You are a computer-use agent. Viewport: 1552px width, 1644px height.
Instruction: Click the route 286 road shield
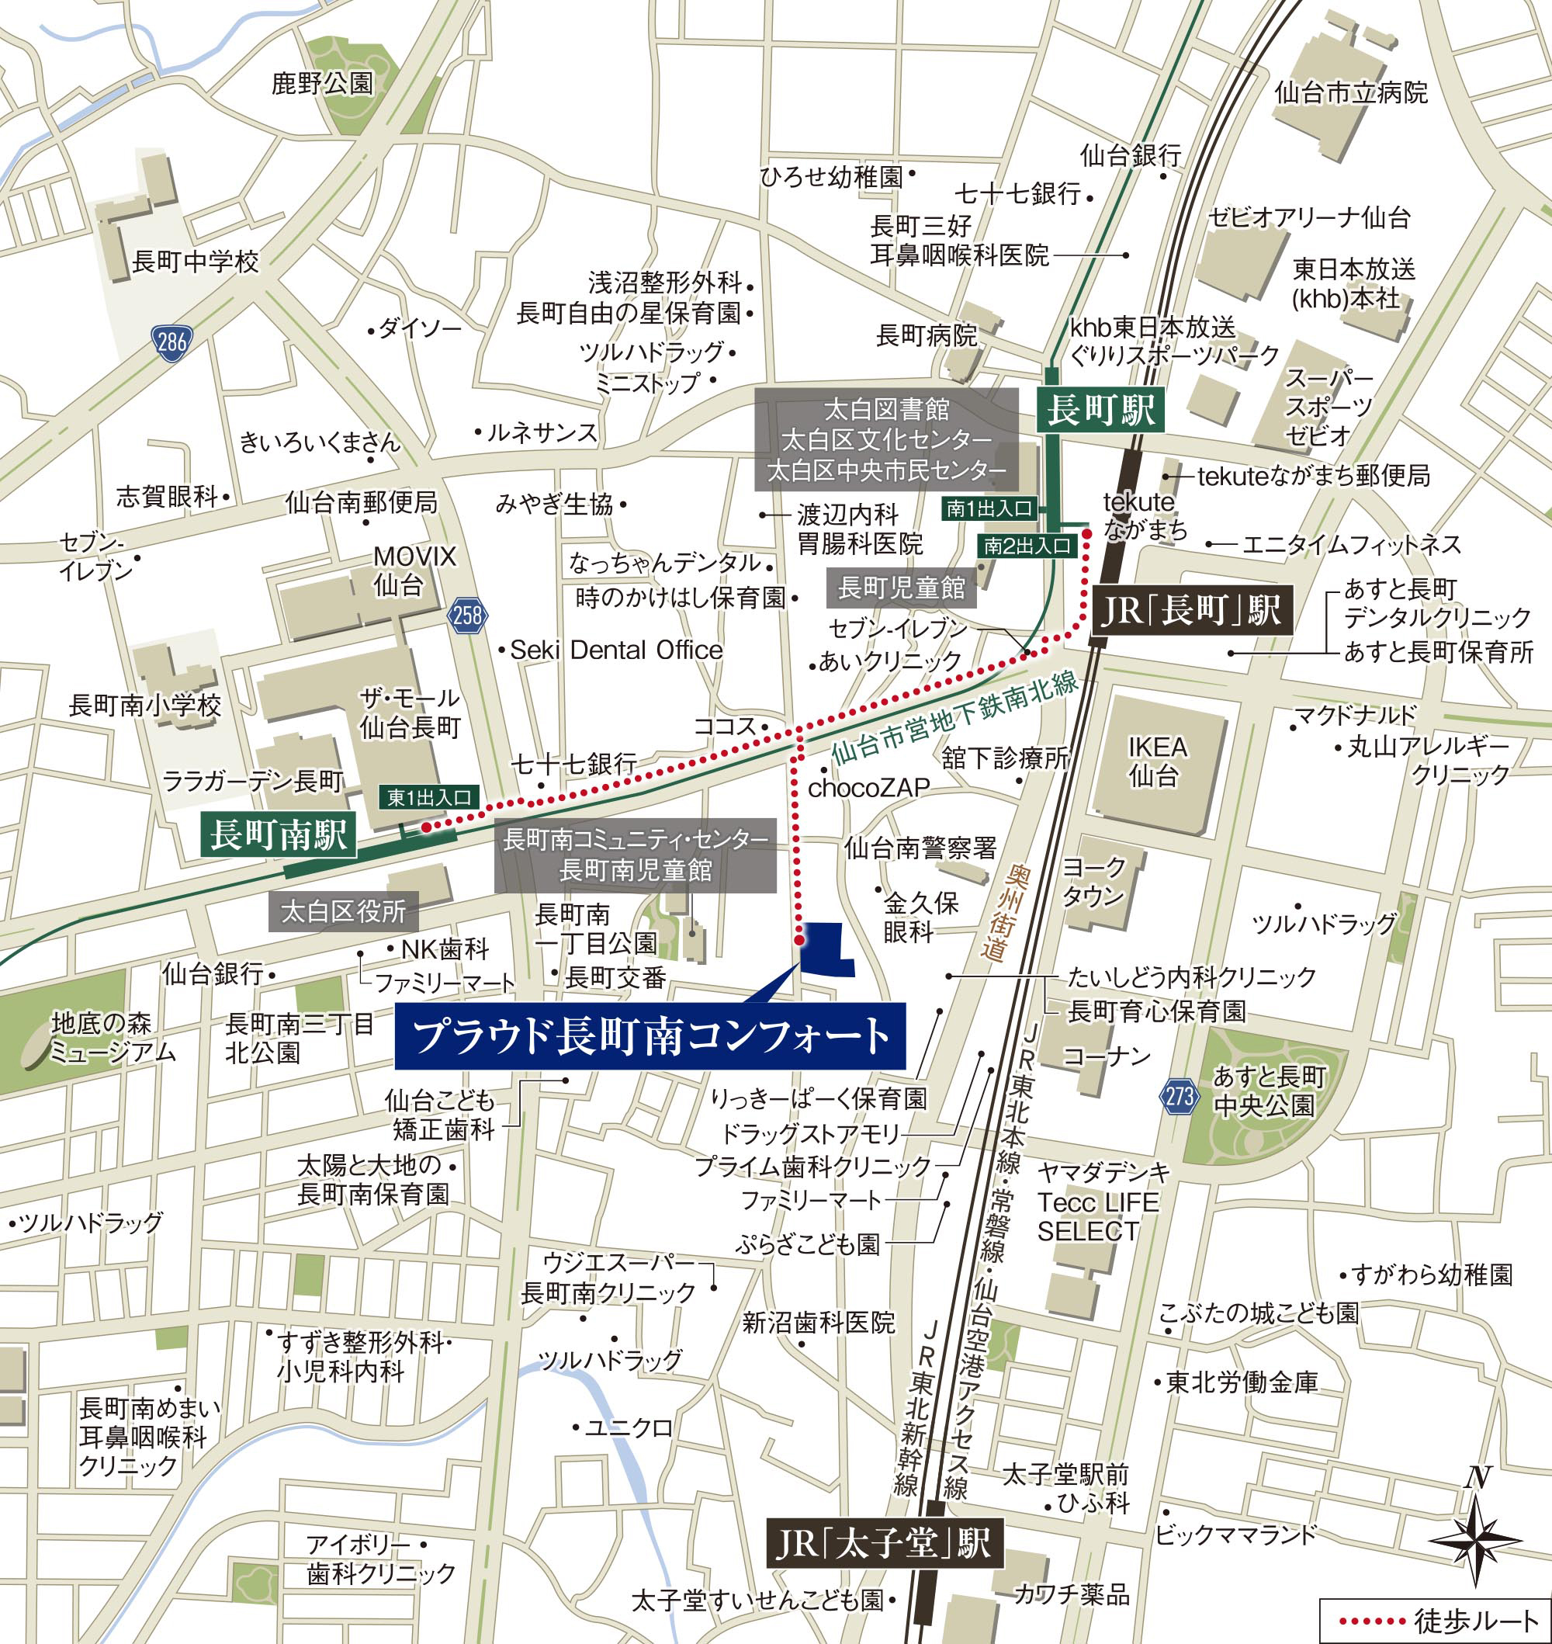[x=171, y=342]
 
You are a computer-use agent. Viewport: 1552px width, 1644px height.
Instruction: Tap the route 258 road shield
[x=467, y=616]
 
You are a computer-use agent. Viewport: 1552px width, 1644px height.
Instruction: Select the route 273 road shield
[x=1179, y=1097]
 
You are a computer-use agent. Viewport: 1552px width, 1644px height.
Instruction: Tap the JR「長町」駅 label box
[x=1191, y=611]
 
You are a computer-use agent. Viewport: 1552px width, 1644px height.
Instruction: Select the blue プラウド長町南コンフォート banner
[x=650, y=1036]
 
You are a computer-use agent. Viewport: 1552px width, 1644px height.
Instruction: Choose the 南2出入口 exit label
[x=1027, y=546]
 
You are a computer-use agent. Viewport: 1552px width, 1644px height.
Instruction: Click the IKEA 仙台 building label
[x=1156, y=761]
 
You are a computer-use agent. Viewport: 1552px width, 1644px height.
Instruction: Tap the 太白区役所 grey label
[x=343, y=912]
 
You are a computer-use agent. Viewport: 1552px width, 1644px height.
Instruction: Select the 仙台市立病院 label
[x=1350, y=92]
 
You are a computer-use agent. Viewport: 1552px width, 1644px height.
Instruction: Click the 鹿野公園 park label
[x=323, y=83]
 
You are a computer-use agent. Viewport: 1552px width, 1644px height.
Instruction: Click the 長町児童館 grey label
[x=901, y=588]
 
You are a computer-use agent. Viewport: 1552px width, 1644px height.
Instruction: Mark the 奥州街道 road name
[x=1003, y=913]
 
